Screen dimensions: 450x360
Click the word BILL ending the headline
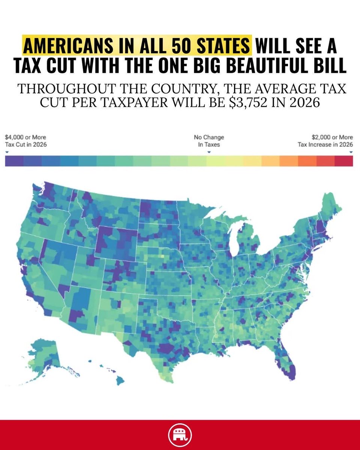330,66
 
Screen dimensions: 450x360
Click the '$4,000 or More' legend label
25,138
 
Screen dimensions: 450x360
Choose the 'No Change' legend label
209,138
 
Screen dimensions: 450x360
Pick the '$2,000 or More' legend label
332,138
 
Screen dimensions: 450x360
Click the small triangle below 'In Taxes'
209,152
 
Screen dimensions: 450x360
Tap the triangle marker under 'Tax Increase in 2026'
351,152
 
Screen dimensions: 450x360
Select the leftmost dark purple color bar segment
14,161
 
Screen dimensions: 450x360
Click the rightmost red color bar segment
344,161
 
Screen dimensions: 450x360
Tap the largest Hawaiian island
120,381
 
